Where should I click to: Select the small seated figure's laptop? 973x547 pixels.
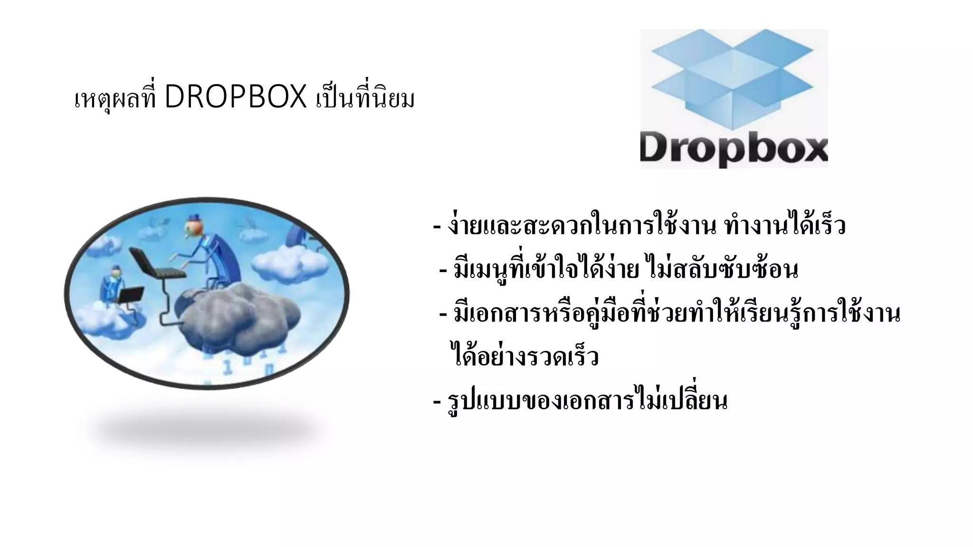pyautogui.click(x=130, y=294)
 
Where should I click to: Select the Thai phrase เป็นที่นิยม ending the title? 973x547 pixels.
pyautogui.click(x=365, y=99)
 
